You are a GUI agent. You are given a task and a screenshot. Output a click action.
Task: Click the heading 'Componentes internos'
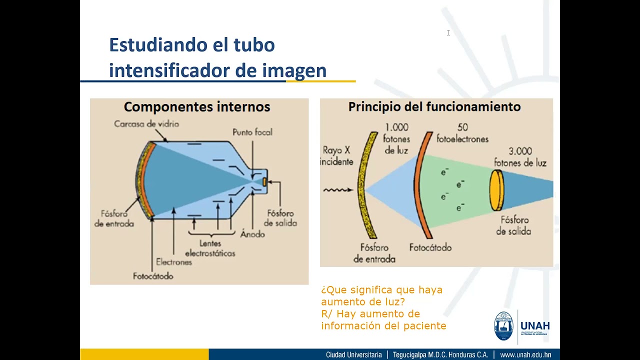[x=197, y=107]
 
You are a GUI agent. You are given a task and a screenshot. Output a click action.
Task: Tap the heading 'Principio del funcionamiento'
[x=434, y=107]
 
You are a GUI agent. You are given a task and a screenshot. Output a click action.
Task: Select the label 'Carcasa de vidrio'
[x=146, y=123]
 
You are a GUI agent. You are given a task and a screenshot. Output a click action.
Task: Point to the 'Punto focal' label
[x=252, y=132]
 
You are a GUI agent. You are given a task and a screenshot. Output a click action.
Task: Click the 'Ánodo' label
[x=252, y=233]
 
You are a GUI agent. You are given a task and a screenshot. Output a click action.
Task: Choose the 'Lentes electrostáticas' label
[x=210, y=248]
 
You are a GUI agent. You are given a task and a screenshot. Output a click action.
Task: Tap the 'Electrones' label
[x=174, y=262]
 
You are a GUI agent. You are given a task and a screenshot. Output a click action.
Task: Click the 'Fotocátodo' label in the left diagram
[x=153, y=276]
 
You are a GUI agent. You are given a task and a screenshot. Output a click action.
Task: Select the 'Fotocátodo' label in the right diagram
[x=430, y=247]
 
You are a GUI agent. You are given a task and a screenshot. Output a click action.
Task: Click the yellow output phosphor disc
[x=496, y=190]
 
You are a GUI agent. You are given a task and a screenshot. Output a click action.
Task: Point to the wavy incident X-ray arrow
[x=338, y=190]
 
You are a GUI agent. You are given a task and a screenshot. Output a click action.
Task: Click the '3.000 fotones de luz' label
[x=520, y=156]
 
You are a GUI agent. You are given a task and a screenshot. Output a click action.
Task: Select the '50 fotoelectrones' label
[x=462, y=133]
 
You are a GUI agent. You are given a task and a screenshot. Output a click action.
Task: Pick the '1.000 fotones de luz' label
[x=396, y=138]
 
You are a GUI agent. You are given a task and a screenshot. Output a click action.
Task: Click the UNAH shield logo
[x=503, y=326]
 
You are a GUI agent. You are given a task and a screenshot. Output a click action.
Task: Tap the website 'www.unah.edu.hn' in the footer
[x=525, y=354]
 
